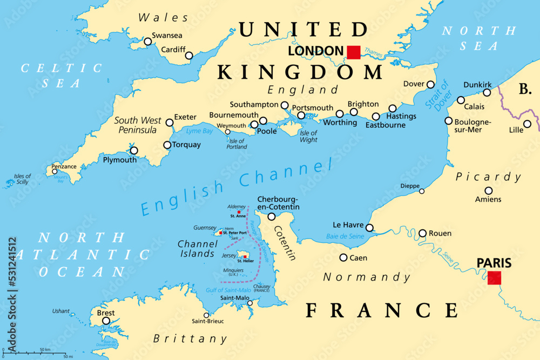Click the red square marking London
pyautogui.click(x=353, y=52)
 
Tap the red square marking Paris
pyautogui.click(x=494, y=278)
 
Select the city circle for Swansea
pyautogui.click(x=147, y=42)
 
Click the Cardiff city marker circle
pyautogui.click(x=189, y=55)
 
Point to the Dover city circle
pyautogui.click(x=430, y=84)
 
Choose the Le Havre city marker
pyautogui.click(x=369, y=227)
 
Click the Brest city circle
pyautogui.click(x=106, y=321)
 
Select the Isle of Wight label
pyautogui.click(x=308, y=137)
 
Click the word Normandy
pyautogui.click(x=367, y=277)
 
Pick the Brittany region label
pyautogui.click(x=190, y=339)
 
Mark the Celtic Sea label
pyautogui.click(x=61, y=76)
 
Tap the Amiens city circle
pyautogui.click(x=489, y=191)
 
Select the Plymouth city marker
pyautogui.click(x=134, y=151)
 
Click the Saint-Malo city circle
pyautogui.click(x=249, y=303)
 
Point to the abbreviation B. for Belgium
pyautogui.click(x=525, y=89)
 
